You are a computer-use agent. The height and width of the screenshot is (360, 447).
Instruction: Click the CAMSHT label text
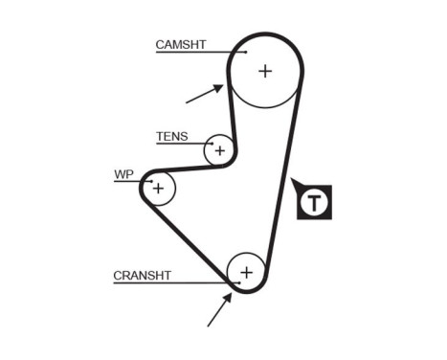[x=181, y=44]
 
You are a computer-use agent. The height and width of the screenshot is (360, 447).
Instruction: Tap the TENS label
[x=171, y=137]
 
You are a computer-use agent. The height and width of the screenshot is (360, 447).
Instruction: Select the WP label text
[x=123, y=174]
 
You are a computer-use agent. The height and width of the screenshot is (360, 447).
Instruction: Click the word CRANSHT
[x=142, y=276]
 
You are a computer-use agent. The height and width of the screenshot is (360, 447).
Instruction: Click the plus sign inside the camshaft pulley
[x=264, y=70]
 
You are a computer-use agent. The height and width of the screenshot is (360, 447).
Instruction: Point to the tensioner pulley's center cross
[x=220, y=150]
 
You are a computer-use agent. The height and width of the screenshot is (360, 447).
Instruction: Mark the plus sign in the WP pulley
[x=158, y=188]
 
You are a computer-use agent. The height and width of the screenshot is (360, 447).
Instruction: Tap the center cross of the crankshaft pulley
[x=246, y=272]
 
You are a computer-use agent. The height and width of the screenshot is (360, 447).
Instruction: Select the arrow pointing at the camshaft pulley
[x=204, y=94]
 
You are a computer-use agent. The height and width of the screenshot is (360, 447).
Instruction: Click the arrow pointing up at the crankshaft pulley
[x=219, y=309]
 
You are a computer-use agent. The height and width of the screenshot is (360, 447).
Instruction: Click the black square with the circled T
[x=314, y=202]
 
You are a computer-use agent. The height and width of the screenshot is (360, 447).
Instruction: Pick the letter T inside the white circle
[x=314, y=203]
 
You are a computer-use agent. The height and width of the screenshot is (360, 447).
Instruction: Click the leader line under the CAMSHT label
[x=196, y=53]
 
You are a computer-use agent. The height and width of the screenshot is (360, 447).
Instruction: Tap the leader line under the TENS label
[x=182, y=145]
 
